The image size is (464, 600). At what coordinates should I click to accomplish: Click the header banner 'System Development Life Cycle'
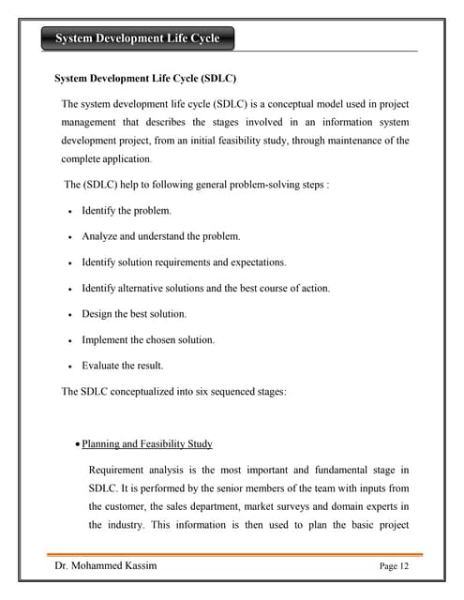pyautogui.click(x=138, y=38)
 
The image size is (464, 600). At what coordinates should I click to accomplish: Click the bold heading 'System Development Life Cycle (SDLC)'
pyautogui.click(x=145, y=79)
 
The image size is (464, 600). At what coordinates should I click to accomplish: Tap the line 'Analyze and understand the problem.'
pyautogui.click(x=160, y=236)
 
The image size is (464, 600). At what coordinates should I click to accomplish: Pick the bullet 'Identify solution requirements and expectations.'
pyautogui.click(x=184, y=262)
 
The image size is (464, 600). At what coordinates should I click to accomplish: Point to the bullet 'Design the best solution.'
pyautogui.click(x=134, y=314)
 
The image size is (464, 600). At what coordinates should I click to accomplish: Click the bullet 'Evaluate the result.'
pyautogui.click(x=122, y=366)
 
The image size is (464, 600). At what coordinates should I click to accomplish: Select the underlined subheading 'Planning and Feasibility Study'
pyautogui.click(x=147, y=443)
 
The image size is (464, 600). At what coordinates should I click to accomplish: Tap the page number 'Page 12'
pyautogui.click(x=395, y=566)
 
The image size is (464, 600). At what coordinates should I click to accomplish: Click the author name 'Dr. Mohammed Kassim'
pyautogui.click(x=104, y=565)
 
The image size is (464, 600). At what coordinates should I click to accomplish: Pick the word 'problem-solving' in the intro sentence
pyautogui.click(x=267, y=185)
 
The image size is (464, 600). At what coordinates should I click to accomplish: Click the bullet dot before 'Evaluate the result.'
pyautogui.click(x=71, y=366)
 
